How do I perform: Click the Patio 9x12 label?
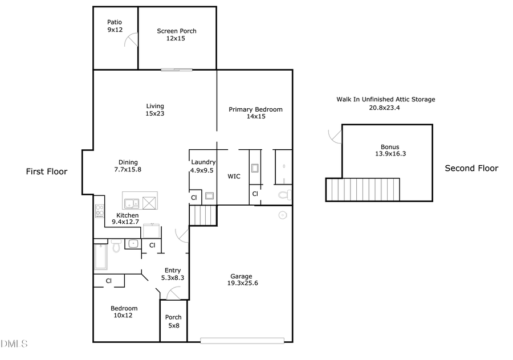[x=115, y=26]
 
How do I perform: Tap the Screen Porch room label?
[x=177, y=35]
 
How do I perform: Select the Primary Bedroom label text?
[x=255, y=113]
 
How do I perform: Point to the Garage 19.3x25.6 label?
[x=241, y=280]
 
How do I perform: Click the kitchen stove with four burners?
[x=100, y=211]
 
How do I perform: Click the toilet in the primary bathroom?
[x=283, y=195]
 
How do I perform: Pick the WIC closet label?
[x=234, y=177]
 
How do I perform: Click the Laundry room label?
[x=202, y=166]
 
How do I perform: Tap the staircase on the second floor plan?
[x=362, y=189]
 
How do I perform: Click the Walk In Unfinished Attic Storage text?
[x=385, y=103]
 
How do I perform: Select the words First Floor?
[x=47, y=171]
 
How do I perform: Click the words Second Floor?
[x=471, y=168]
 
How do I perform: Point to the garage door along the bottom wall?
[x=242, y=341]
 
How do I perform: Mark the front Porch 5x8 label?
[x=173, y=321]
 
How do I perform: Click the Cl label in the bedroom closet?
[x=108, y=281]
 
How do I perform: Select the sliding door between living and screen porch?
[x=176, y=70]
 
